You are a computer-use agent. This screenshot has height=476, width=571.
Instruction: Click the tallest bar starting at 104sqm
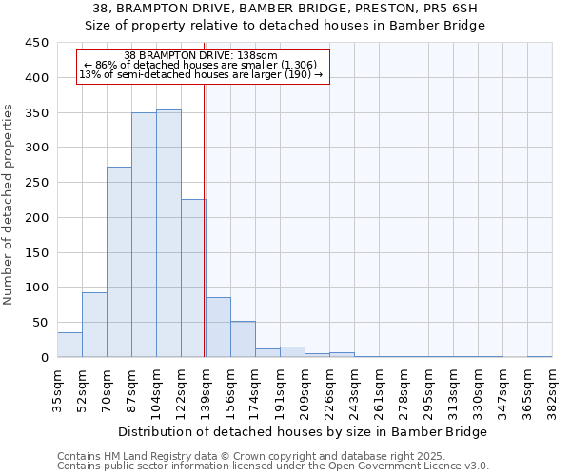pos(168,233)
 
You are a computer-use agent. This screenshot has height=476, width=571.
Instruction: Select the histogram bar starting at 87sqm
pos(144,235)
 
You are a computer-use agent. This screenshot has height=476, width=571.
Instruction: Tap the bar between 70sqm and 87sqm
pos(119,262)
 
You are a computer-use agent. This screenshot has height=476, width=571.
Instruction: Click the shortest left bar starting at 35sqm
pos(69,345)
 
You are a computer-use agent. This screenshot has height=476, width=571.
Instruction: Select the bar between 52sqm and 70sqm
pos(94,325)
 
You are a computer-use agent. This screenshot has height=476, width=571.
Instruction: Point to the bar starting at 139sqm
pos(218,327)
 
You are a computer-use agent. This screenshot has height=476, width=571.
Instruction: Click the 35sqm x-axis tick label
pos(57,388)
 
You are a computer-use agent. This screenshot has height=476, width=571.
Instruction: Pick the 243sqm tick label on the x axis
pos(355,388)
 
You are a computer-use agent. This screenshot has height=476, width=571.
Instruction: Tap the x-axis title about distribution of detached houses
pos(304,431)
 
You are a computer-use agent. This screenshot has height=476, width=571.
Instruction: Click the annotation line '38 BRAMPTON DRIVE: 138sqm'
pos(201,56)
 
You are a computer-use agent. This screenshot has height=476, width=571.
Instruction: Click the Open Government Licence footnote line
pos(273,466)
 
